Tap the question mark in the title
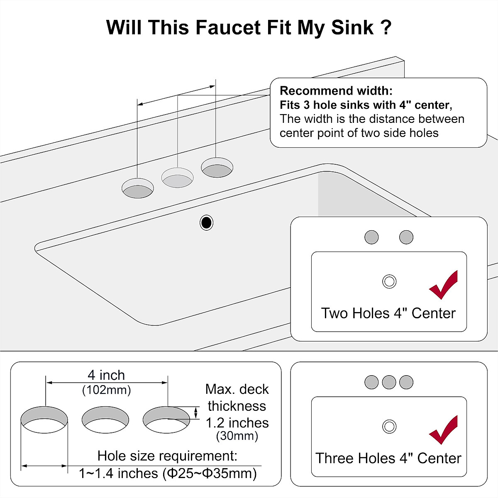coord(385,28)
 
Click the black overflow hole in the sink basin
coord(206,223)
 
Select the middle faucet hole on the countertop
coord(177,178)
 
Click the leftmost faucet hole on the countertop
coord(137,188)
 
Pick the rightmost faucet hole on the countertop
coord(217,167)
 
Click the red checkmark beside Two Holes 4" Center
coord(444,285)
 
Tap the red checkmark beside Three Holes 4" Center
coord(444,430)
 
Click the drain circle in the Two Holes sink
coord(389,281)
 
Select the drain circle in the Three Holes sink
coord(389,426)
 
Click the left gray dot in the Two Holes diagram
coord(371,237)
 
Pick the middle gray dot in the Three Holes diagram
coord(389,382)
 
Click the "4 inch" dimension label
coord(106,375)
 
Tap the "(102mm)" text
coord(106,390)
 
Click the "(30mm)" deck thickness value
coord(237,436)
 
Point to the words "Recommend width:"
coord(336,91)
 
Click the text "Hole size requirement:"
coord(167,456)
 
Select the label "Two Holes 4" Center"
coord(388,313)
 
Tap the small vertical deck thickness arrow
coord(196,412)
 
